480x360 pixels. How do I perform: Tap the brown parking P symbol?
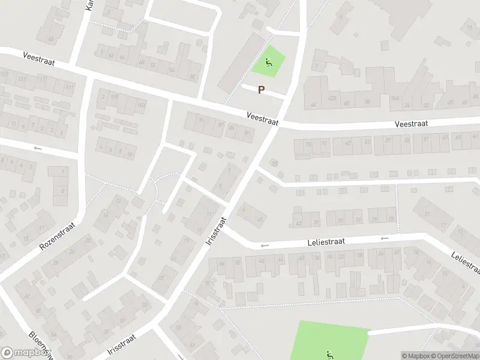point(261,90)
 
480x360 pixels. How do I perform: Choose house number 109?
point(114,97)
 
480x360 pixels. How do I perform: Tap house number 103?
point(142,106)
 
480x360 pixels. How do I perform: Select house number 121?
point(22,79)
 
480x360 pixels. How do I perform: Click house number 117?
point(41,80)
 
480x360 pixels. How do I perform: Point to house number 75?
point(308,145)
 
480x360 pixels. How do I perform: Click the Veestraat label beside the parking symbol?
point(262,118)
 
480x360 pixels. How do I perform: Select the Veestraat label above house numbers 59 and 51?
point(411,124)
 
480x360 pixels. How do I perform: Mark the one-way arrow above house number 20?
point(38,148)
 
